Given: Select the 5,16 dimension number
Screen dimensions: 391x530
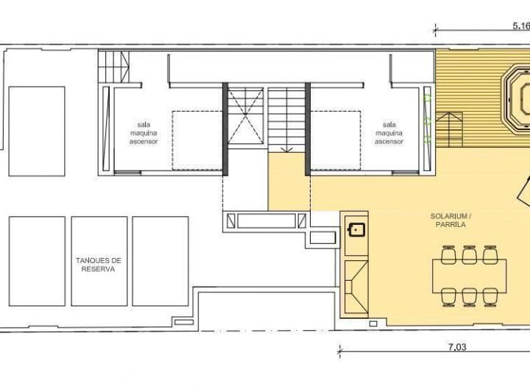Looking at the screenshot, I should point(521,25).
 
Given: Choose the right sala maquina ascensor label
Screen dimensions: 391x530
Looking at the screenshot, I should point(389,133).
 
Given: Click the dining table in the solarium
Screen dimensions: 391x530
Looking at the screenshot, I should point(469,276).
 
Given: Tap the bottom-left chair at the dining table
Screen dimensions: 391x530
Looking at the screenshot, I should point(448,295).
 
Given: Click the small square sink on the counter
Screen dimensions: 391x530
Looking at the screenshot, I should point(357,229).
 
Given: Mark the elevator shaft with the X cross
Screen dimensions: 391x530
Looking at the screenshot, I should point(244,120).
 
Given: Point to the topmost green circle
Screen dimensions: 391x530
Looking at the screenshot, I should point(426,96).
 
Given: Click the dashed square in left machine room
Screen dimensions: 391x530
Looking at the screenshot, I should point(197,140).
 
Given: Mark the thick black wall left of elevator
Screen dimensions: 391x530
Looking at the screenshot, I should point(225,129).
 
